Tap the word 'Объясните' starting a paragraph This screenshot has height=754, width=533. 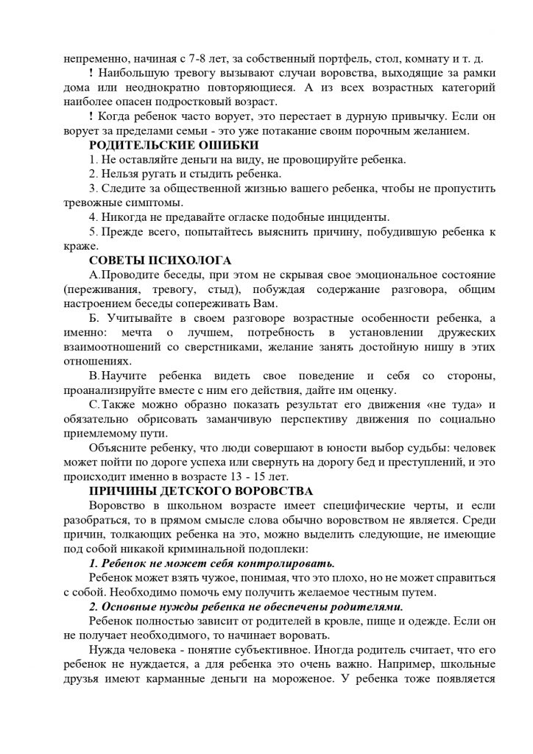point(118,448)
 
